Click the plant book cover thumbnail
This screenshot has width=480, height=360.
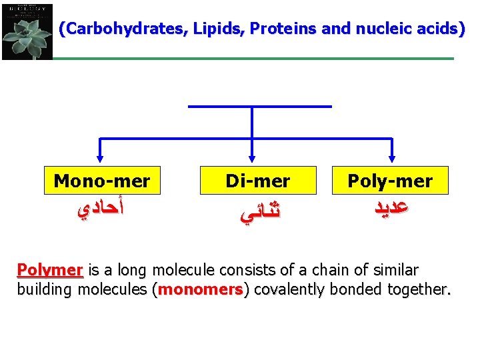click(x=27, y=31)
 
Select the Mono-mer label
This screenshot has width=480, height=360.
click(x=102, y=181)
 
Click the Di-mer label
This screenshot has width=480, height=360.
click(x=257, y=181)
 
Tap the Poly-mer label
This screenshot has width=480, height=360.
click(x=390, y=181)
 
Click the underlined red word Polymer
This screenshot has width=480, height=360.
click(x=49, y=271)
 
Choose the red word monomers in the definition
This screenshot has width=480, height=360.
click(x=201, y=289)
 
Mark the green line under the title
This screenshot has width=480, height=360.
click(x=253, y=59)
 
